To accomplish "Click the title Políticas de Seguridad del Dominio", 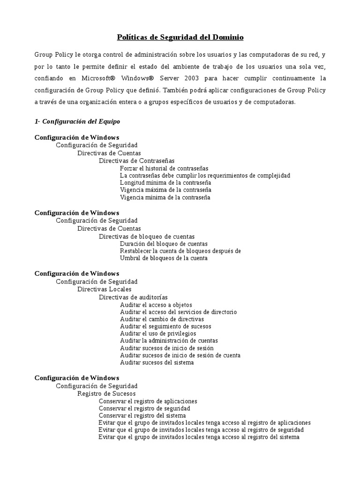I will pos(180,37).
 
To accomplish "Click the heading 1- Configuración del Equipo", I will pos(77,121).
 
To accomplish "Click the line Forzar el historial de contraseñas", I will pos(164,168).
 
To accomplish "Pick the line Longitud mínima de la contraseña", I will pos(165,182).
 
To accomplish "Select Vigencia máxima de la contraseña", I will pos(165,190).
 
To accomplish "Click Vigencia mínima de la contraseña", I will pos(165,197).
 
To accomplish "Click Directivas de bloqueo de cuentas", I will pos(146,236).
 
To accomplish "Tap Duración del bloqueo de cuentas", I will pos(164,244).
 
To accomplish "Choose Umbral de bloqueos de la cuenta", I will pos(164,258).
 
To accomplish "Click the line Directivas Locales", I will pos(104,289).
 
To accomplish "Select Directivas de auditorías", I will pos(133,297).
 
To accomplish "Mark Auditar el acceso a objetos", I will pos(156,305).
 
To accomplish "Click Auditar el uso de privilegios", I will pos(158,333).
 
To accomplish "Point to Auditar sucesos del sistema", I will pos(157,362).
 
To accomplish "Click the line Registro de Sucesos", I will pos(106,394).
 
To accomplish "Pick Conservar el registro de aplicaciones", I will pos(148,401).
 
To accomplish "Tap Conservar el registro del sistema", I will pos(142,415).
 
